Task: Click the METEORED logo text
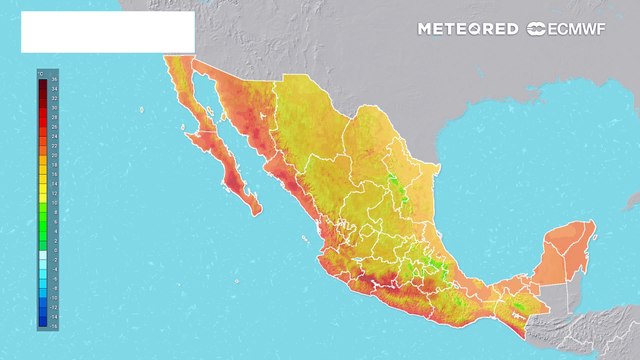[x=468, y=28]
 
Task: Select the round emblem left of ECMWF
[x=537, y=28]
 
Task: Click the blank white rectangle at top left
[x=107, y=32]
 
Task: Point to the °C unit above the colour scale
[x=41, y=73]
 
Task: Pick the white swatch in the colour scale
[x=43, y=256]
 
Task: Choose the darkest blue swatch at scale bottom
[x=43, y=322]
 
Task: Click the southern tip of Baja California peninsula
[x=258, y=209]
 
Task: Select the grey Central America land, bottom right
[x=600, y=330]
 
